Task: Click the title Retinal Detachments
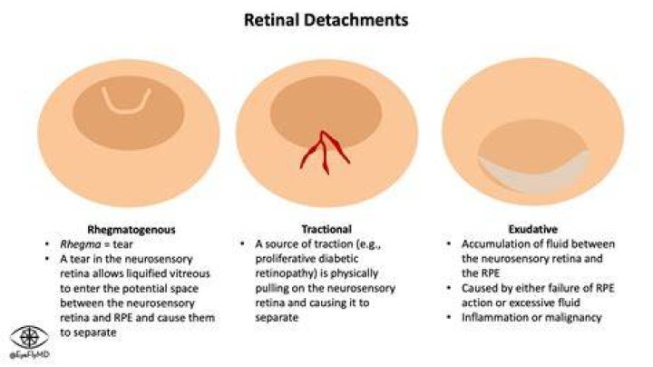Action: tap(326, 20)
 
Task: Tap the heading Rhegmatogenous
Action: tap(132, 229)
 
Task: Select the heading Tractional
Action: tap(326, 229)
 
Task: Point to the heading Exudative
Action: tap(532, 229)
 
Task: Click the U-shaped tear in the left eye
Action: tap(127, 111)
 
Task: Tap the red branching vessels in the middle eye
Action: tap(325, 153)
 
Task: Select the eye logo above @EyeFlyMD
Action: tap(29, 337)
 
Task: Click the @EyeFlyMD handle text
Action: tap(29, 355)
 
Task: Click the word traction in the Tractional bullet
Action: tap(326, 244)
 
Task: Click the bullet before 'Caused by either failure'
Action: tap(449, 288)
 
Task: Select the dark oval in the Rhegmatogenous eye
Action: tap(129, 113)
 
